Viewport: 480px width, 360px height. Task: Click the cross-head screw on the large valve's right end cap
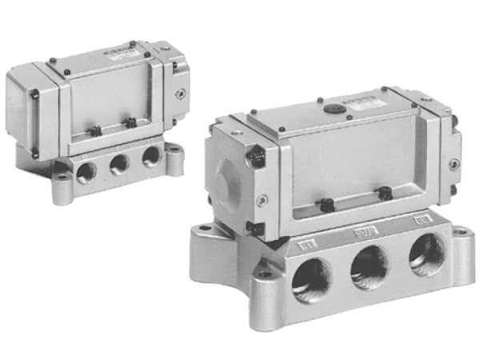point(454,164)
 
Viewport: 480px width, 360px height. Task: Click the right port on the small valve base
point(150,158)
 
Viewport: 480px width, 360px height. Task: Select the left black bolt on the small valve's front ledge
point(94,130)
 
